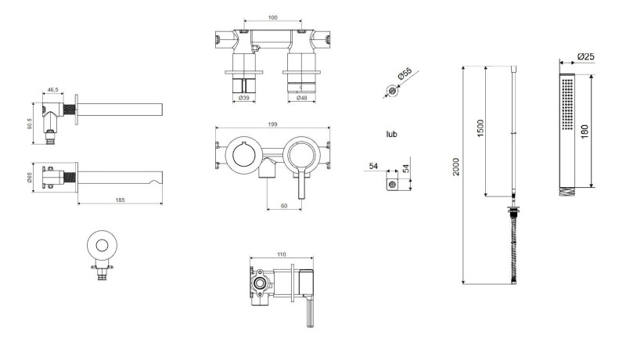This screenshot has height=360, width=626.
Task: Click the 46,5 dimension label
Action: coord(52,90)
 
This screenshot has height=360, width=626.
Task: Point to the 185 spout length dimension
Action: coord(120,200)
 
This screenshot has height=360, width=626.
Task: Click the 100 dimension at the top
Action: coord(272,17)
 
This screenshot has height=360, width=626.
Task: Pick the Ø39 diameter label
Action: coord(244,98)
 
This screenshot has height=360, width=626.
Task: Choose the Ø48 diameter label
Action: coord(301,98)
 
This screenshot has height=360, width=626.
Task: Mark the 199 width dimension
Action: coord(272,124)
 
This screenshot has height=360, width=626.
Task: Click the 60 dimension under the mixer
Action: coord(284,206)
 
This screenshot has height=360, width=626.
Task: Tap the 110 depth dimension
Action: coord(281,254)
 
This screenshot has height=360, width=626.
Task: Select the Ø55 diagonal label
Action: coord(405,74)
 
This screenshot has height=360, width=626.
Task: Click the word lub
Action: coord(392,134)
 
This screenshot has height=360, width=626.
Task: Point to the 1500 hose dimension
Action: coord(480,128)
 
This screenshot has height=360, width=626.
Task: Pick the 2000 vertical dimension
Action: coord(456,167)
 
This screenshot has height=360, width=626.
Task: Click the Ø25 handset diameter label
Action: coord(585,56)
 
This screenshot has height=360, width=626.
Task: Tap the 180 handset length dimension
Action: coord(585,131)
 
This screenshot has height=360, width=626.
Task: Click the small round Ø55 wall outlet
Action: coord(393,92)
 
